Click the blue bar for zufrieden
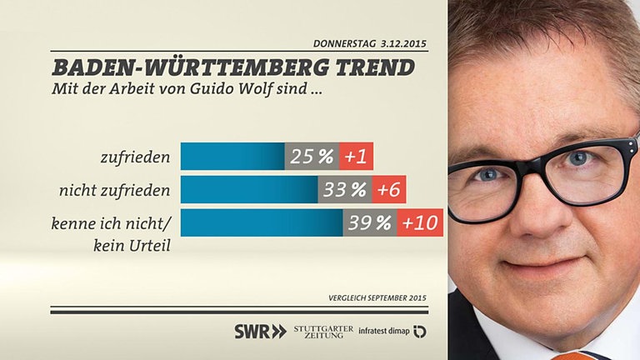point(232,156)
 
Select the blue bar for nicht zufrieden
point(249,189)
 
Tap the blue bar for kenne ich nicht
point(262,222)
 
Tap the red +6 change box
point(388,189)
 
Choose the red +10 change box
point(420,222)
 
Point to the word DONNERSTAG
point(344,43)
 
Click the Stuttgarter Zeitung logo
point(323,331)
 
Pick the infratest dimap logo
point(392,331)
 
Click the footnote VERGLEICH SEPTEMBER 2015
point(377,297)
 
